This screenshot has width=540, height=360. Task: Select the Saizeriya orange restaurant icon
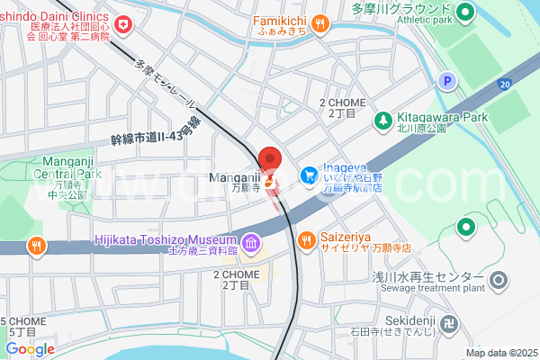[305, 239]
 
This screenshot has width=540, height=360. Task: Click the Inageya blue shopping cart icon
[308, 172]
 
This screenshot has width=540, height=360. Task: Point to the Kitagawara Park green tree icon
[382, 119]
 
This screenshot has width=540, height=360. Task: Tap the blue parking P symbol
[446, 82]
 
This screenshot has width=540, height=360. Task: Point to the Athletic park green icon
[464, 13]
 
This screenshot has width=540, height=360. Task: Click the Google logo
[30, 349]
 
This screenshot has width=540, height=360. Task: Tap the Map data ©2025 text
[500, 353]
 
